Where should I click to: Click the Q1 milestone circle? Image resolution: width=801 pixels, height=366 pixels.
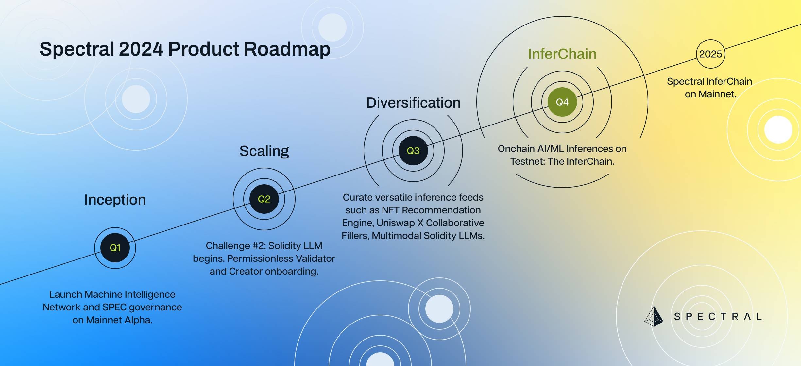tap(115, 248)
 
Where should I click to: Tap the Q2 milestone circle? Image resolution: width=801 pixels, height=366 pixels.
tap(264, 199)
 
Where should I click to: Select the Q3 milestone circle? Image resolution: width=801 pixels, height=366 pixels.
tap(413, 151)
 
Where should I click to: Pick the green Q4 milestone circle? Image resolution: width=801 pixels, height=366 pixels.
tap(562, 102)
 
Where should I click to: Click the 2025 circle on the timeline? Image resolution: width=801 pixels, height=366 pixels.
tap(711, 54)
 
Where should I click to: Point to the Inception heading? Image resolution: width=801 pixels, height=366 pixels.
tap(115, 200)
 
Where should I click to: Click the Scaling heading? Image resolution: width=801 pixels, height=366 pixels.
tap(264, 151)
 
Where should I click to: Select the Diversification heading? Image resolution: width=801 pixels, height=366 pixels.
tap(413, 103)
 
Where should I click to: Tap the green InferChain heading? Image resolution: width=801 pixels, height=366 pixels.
tap(562, 54)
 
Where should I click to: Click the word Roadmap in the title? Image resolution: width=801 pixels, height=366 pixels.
tap(287, 49)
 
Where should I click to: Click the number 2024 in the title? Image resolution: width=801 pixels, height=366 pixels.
tap(141, 49)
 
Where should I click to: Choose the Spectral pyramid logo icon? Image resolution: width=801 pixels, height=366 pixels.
tap(654, 316)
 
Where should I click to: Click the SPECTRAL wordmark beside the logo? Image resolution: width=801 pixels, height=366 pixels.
tap(718, 316)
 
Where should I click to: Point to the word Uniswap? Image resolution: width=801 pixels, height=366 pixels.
tap(396, 223)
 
